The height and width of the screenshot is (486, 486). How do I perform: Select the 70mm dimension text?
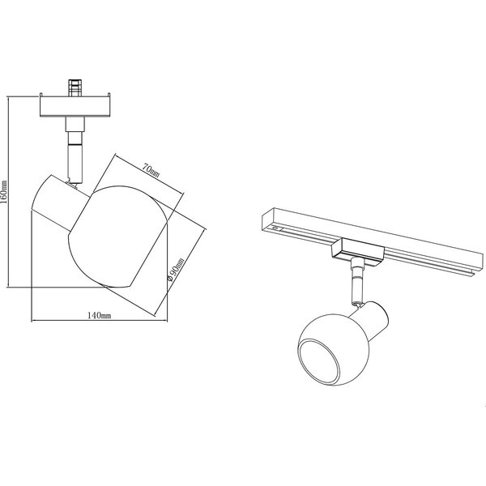(151, 170)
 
